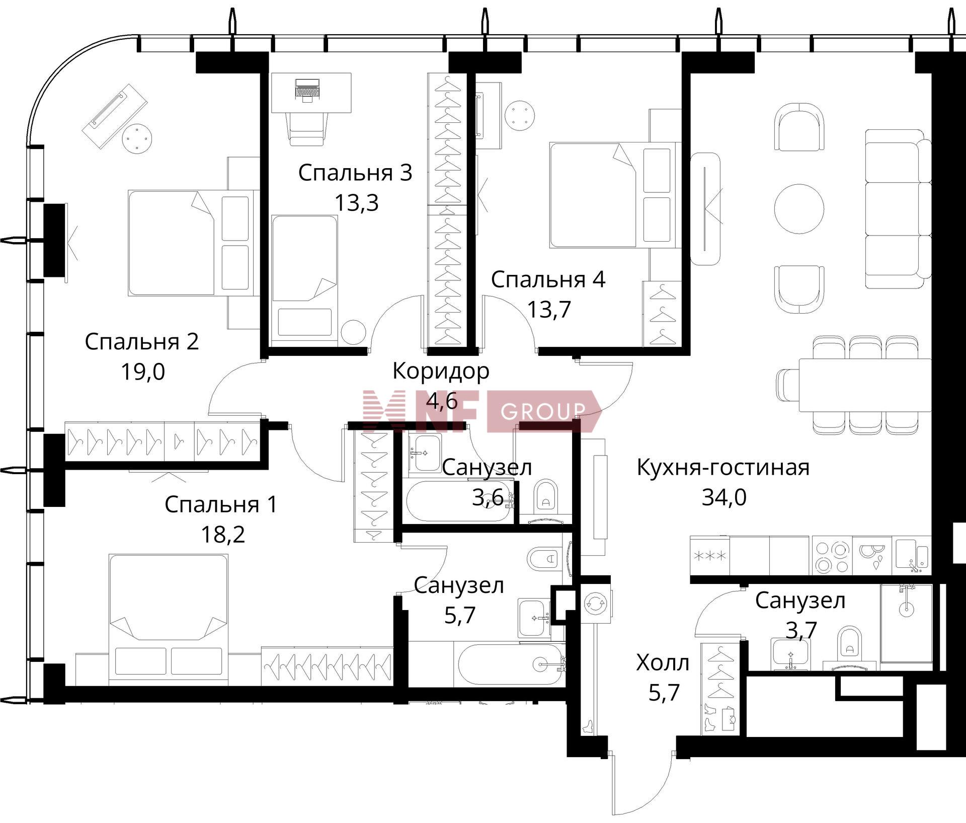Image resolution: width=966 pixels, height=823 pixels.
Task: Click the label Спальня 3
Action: click(355, 173)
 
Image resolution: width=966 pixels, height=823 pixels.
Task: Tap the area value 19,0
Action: click(143, 372)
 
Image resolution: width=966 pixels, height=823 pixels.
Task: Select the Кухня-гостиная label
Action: click(723, 467)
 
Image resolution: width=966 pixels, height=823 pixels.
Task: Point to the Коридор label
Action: click(441, 371)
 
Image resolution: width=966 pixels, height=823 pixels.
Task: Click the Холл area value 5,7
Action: click(664, 693)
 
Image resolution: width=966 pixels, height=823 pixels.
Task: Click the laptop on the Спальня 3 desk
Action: click(307, 90)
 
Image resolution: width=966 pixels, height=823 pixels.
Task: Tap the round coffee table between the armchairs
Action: click(799, 208)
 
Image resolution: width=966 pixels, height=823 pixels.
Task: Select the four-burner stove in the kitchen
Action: click(832, 556)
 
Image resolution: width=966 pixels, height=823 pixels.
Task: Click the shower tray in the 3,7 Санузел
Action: click(906, 626)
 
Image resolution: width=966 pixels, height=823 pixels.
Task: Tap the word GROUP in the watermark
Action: click(543, 412)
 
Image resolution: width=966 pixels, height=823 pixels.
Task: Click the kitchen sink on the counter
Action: click(912, 556)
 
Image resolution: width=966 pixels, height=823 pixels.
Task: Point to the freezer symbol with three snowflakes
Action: click(710, 556)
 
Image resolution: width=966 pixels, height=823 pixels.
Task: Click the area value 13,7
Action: click(549, 310)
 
